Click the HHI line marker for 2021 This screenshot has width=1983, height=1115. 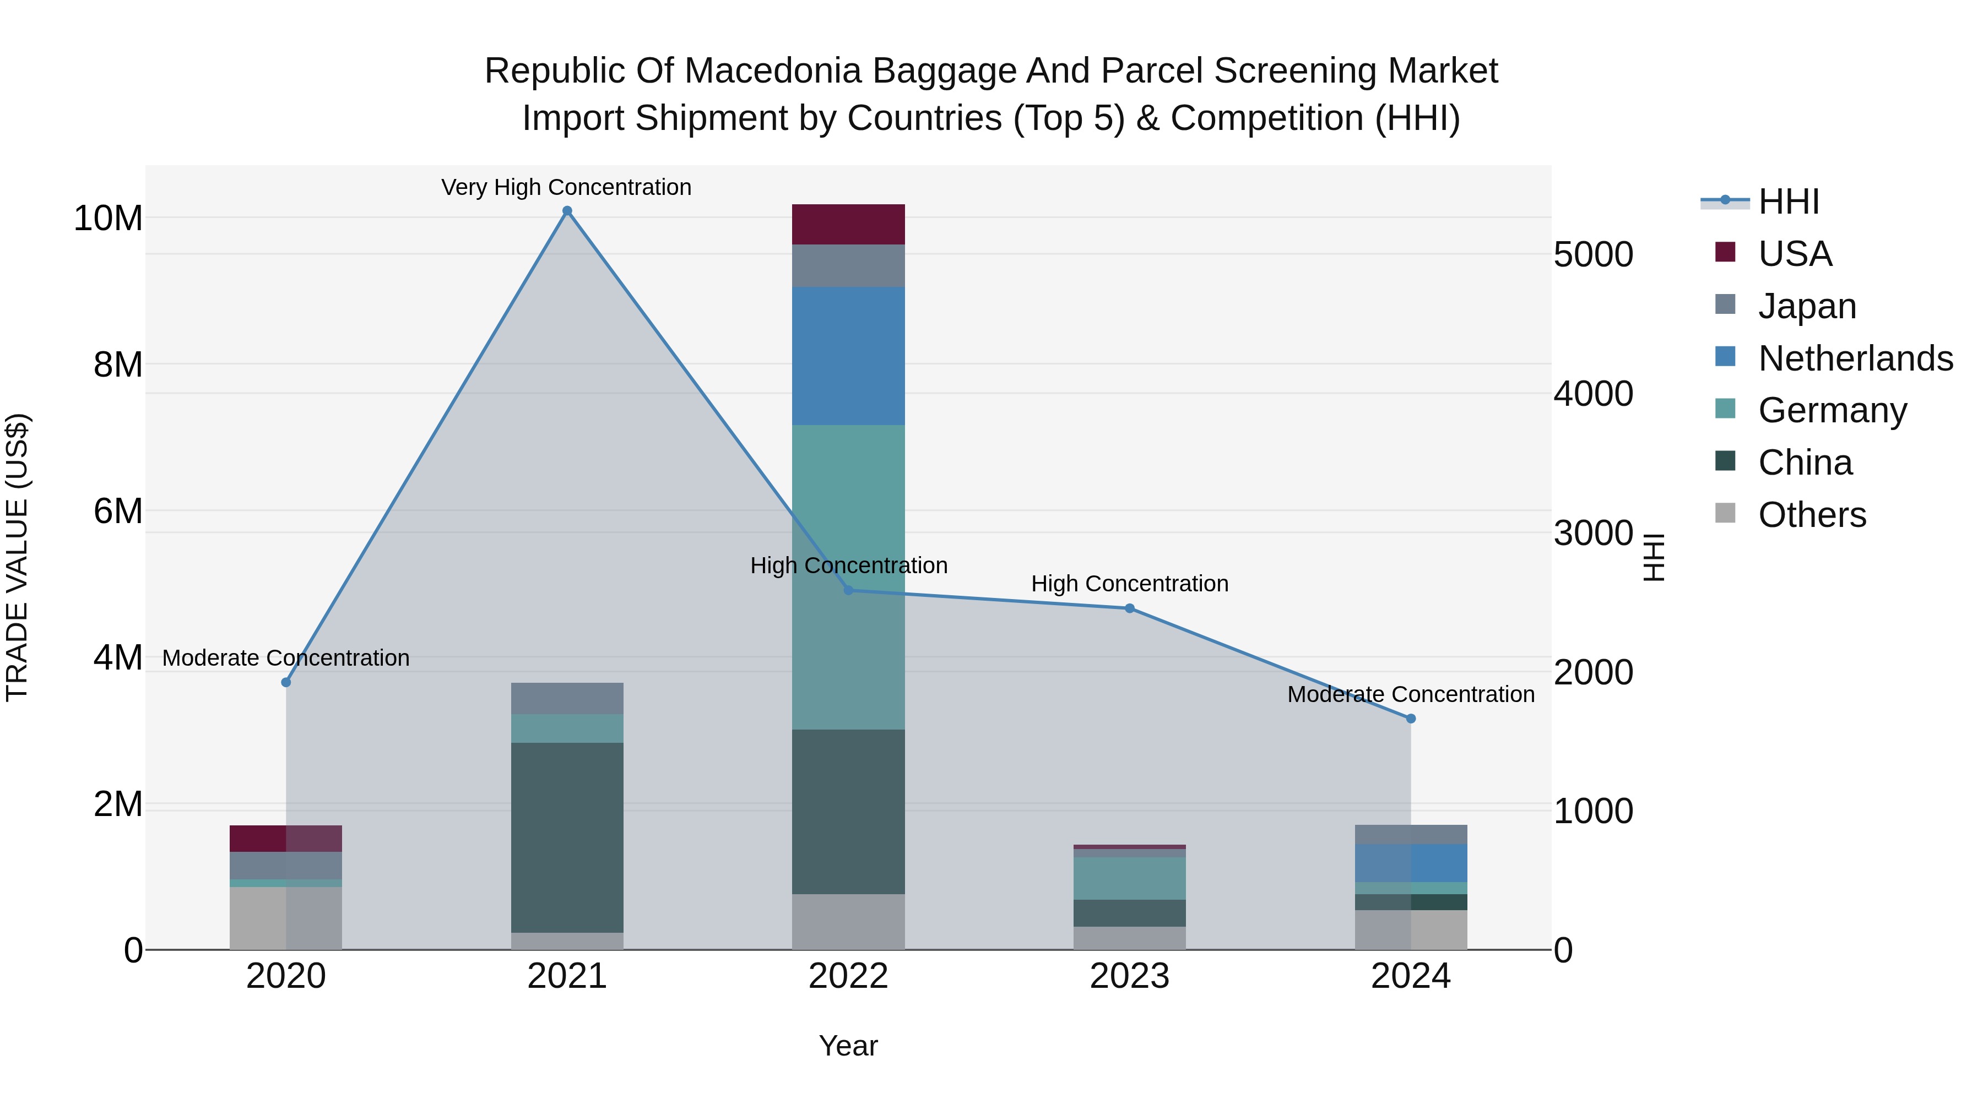[x=567, y=211]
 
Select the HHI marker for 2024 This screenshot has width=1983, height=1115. [x=1411, y=719]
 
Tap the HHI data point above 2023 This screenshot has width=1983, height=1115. [x=1130, y=608]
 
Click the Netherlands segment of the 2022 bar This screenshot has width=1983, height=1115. [x=848, y=356]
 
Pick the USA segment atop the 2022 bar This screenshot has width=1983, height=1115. [x=848, y=225]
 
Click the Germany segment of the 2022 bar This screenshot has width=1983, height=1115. [x=848, y=577]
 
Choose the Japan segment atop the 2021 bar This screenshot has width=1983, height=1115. [x=567, y=699]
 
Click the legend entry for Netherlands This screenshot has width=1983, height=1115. [x=1855, y=358]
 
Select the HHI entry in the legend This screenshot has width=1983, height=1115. [x=1788, y=202]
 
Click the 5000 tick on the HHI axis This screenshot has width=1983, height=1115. [x=1592, y=255]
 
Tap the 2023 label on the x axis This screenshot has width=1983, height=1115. [x=1130, y=976]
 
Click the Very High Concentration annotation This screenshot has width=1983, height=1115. [x=567, y=187]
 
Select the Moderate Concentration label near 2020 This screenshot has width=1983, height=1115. [x=285, y=658]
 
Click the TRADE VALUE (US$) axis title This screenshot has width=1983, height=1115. [x=17, y=557]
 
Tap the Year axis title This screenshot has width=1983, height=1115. [x=848, y=1046]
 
